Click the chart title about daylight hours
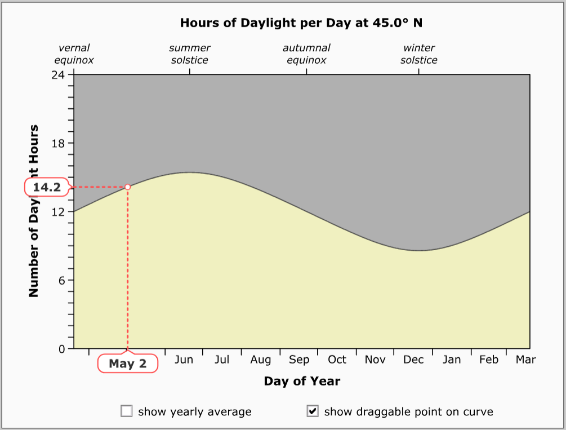click(301, 23)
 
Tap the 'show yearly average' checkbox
click(127, 411)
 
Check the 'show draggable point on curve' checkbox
click(313, 411)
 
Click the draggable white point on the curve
click(128, 187)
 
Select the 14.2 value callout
click(46, 187)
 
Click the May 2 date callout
click(128, 363)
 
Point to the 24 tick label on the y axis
click(59, 74)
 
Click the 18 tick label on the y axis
click(59, 143)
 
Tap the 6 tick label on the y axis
click(62, 280)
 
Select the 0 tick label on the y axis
click(62, 349)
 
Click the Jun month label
click(184, 360)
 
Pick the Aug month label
click(261, 360)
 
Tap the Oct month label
click(337, 360)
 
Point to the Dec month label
click(413, 360)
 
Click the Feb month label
click(489, 360)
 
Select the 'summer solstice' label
click(190, 54)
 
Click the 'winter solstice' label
click(419, 54)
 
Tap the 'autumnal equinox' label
click(306, 54)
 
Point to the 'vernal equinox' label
click(74, 54)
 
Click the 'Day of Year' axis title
click(302, 382)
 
